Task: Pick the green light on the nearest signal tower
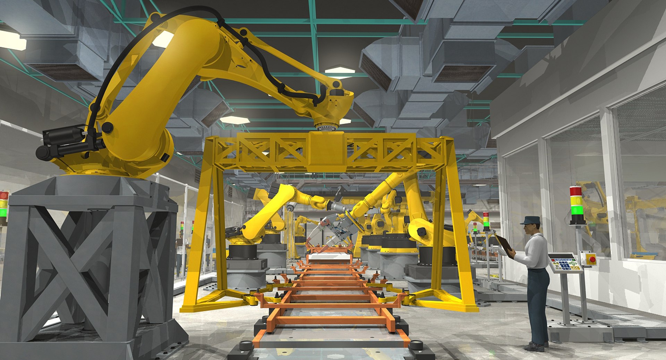576,210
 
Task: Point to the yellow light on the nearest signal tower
576,200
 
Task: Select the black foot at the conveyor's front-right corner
415,345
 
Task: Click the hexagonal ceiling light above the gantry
340,70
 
